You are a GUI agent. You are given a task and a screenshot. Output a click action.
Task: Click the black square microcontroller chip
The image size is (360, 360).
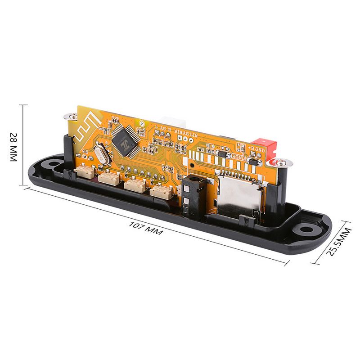pyautogui.click(x=123, y=141)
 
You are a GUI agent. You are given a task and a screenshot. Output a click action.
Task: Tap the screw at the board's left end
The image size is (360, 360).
pyautogui.click(x=70, y=116)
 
